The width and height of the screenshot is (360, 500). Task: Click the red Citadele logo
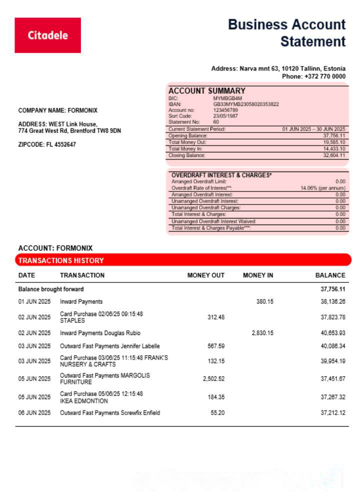tap(47, 35)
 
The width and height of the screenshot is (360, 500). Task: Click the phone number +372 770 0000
tap(324, 76)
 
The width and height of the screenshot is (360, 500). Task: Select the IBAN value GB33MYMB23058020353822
tap(246, 104)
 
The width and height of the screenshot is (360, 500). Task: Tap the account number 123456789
tap(225, 110)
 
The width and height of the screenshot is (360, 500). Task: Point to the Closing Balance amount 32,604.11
tap(334, 155)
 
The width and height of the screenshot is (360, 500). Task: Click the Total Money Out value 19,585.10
tap(334, 142)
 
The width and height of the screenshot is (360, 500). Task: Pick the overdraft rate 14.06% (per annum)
tap(322, 188)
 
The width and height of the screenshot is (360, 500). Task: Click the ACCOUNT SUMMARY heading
tap(207, 91)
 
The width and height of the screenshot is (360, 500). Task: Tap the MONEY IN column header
tap(258, 275)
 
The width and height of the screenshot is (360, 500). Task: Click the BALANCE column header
tap(330, 275)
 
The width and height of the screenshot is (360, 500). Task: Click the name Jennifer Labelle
tap(140, 346)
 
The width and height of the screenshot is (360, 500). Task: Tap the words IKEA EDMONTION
tap(84, 401)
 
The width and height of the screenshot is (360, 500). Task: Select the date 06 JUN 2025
tap(34, 413)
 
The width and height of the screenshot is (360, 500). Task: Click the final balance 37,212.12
tap(333, 413)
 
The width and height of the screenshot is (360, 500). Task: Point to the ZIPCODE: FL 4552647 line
tap(47, 144)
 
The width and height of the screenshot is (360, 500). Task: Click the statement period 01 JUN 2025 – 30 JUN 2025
tap(313, 129)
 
